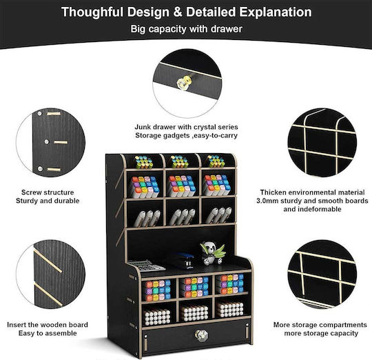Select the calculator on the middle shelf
pyautogui.click(x=146, y=266)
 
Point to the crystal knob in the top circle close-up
pyautogui.click(x=185, y=82)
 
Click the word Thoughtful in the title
pyautogui.click(x=92, y=12)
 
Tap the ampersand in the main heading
pyautogui.click(x=178, y=12)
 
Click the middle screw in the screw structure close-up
pyautogui.click(x=47, y=142)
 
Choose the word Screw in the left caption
pyautogui.click(x=31, y=192)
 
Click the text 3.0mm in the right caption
pyautogui.click(x=267, y=201)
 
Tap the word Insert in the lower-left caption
pyautogui.click(x=17, y=325)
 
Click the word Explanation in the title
pyautogui.click(x=276, y=12)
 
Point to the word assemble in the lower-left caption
pyautogui.click(x=62, y=333)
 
